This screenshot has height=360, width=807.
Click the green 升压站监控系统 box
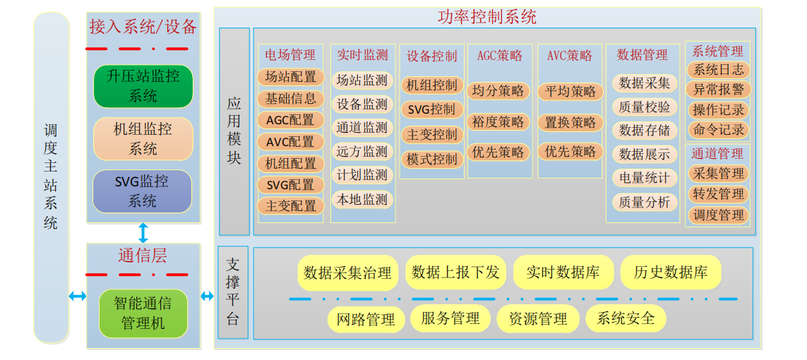tap(143, 86)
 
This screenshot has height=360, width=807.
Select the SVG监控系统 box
tap(143, 191)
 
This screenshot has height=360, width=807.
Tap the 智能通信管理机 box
tap(143, 313)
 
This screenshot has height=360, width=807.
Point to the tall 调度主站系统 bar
tap(52, 176)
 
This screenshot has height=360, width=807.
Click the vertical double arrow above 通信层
tap(143, 233)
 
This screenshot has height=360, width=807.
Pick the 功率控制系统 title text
tap(486, 16)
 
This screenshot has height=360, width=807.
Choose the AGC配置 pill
tap(290, 120)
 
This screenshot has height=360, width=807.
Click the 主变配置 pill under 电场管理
tap(290, 206)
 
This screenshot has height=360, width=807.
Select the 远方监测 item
tap(362, 152)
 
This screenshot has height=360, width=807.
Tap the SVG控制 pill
tap(431, 109)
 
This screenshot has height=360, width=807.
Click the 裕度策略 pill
tap(498, 121)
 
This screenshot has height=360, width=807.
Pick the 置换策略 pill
tap(570, 121)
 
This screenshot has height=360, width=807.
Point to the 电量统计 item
tap(644, 178)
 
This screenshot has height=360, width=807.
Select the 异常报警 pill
tap(718, 90)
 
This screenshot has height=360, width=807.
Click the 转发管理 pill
tap(718, 194)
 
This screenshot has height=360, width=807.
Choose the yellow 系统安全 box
tap(626, 319)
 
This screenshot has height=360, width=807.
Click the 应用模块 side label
tap(234, 131)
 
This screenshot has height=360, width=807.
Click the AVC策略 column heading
tap(570, 55)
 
